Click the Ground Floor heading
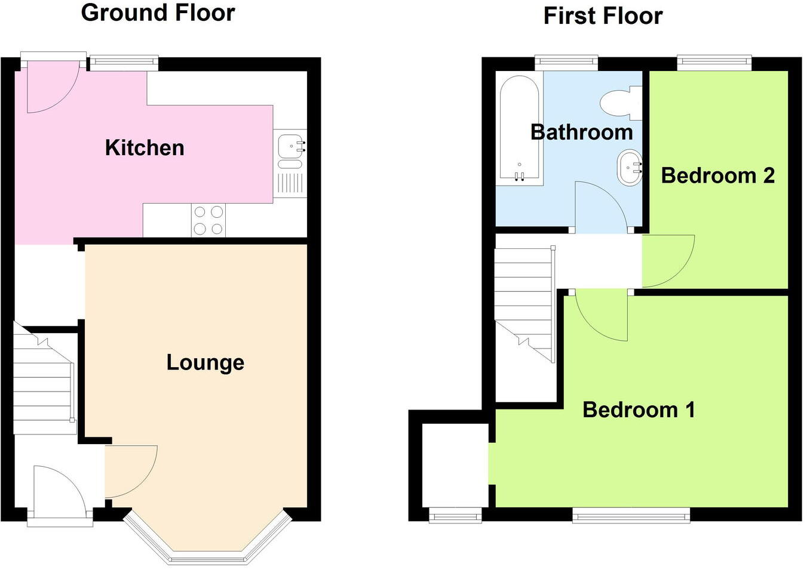pyautogui.click(x=158, y=13)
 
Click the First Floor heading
pyautogui.click(x=602, y=16)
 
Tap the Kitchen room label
pyautogui.click(x=145, y=148)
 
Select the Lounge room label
pyautogui.click(x=205, y=362)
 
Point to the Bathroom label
pyautogui.click(x=581, y=132)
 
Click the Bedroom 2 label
pyautogui.click(x=717, y=175)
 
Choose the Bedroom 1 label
pyautogui.click(x=638, y=410)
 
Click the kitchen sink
pyautogui.click(x=290, y=145)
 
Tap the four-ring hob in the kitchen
pyautogui.click(x=208, y=220)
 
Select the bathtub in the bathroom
pyautogui.click(x=519, y=128)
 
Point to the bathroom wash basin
pyautogui.click(x=628, y=168)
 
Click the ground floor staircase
pyautogui.click(x=43, y=382)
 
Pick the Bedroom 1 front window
pyautogui.click(x=631, y=515)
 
